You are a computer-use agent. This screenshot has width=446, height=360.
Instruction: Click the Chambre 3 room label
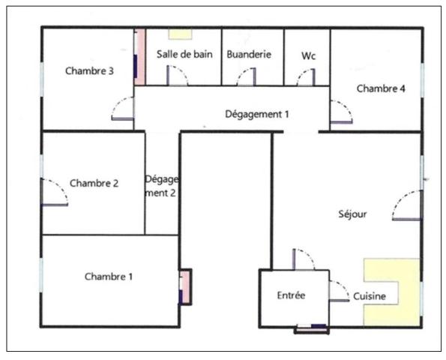pyautogui.click(x=89, y=72)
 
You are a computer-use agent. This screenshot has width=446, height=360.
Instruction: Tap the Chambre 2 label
pyautogui.click(x=94, y=182)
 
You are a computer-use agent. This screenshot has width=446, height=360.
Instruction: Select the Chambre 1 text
pyautogui.click(x=109, y=277)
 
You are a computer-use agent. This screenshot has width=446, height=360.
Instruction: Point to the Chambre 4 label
pyautogui.click(x=381, y=88)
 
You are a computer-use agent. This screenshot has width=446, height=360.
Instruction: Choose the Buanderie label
pyautogui.click(x=249, y=55)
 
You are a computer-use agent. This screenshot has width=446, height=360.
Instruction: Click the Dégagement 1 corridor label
pyautogui.click(x=257, y=114)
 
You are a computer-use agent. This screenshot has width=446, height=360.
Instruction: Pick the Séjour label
pyautogui.click(x=353, y=214)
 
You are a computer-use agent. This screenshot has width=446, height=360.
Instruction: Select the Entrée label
pyautogui.click(x=291, y=295)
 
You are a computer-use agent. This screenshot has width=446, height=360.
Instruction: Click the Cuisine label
pyautogui.click(x=370, y=296)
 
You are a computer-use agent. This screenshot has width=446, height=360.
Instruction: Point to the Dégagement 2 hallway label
pyautogui.click(x=162, y=186)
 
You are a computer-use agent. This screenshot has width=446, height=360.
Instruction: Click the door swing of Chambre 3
pyautogui.click(x=123, y=109)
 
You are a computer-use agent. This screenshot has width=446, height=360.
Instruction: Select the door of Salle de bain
pyautogui.click(x=176, y=76)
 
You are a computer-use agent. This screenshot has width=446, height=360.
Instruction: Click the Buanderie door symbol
pyautogui.click(x=247, y=77)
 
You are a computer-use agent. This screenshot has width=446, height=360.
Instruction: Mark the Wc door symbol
pyautogui.click(x=306, y=77)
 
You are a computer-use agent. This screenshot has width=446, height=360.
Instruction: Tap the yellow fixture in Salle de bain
pyautogui.click(x=179, y=34)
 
